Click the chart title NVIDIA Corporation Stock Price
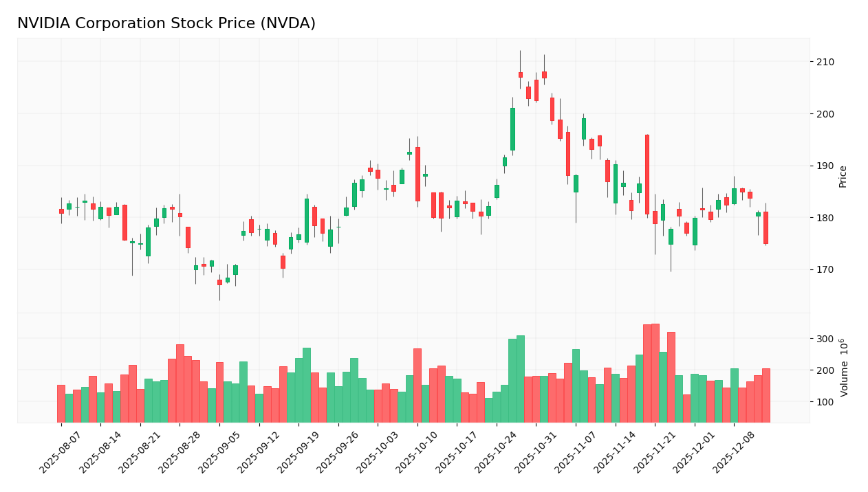[166, 24]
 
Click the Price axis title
[843, 177]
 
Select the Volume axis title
[844, 368]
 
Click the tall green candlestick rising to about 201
[512, 129]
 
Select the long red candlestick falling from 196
[647, 174]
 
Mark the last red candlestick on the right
[766, 227]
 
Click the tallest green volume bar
[521, 378]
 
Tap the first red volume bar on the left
[61, 403]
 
